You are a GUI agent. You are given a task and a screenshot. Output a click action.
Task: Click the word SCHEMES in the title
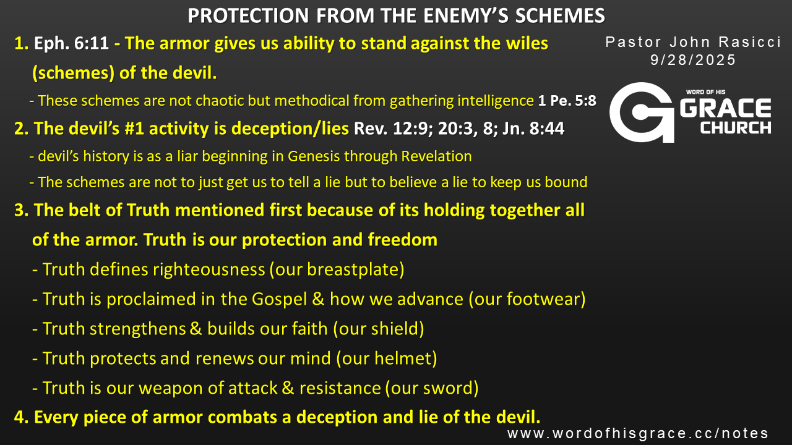[560, 16]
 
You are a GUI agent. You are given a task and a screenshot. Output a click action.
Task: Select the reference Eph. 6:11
[71, 43]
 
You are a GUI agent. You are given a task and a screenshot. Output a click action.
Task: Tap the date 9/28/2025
[693, 60]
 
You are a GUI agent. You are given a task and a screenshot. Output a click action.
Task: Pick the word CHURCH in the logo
[736, 128]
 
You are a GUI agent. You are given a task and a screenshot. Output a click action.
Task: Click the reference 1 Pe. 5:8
[567, 101]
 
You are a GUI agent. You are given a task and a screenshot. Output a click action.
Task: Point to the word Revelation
[436, 156]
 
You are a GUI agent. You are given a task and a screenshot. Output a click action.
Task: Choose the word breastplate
[353, 269]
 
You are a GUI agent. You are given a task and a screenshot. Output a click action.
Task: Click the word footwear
[543, 299]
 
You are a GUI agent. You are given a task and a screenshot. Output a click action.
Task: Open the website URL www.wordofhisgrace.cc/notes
[638, 433]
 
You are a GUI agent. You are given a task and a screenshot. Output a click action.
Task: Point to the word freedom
[402, 239]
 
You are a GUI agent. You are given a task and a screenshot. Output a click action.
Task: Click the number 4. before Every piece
[21, 417]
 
